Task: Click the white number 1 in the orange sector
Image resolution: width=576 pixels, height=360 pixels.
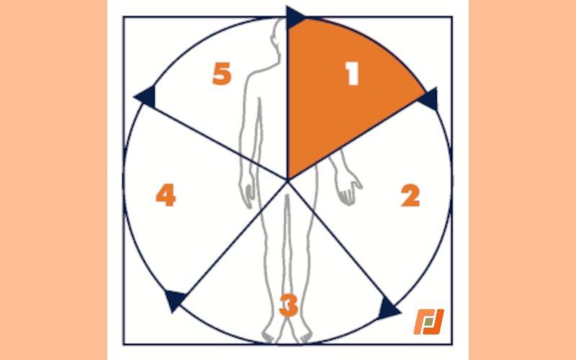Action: [353, 73]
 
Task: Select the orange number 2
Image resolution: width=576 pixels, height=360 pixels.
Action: [410, 196]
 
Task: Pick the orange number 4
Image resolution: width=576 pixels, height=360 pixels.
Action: [166, 195]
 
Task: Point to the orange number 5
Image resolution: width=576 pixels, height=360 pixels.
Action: [222, 73]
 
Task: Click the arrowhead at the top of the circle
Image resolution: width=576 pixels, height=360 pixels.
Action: [295, 17]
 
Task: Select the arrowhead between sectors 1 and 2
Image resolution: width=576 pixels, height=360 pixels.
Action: [428, 99]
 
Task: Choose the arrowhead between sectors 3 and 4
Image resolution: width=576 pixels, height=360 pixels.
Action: [176, 300]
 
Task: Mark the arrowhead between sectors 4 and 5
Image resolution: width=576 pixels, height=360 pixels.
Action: [145, 96]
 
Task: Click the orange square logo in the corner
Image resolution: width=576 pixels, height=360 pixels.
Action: [428, 322]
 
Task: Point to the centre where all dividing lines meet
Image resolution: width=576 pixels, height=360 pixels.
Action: [287, 181]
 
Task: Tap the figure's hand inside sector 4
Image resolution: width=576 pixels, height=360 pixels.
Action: [247, 193]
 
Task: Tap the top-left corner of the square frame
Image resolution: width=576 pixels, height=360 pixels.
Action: [123, 17]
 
